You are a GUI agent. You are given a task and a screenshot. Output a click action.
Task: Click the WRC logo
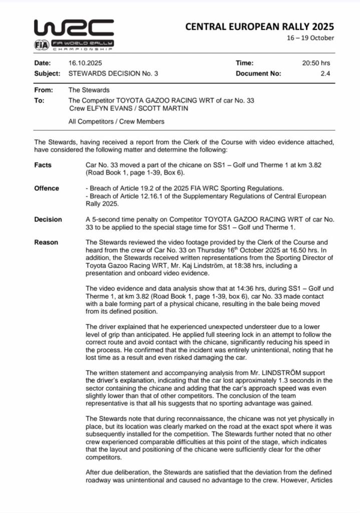(x=73, y=29)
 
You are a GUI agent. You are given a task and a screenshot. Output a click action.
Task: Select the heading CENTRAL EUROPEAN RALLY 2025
(x=259, y=27)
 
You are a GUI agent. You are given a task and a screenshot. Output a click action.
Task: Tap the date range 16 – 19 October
(x=310, y=38)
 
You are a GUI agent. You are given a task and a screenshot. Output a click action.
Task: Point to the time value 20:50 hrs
(x=316, y=63)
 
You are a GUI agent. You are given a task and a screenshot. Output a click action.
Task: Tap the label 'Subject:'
(x=47, y=73)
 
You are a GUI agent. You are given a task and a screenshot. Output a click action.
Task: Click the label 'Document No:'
(x=258, y=73)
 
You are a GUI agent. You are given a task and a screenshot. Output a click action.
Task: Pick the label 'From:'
(x=44, y=90)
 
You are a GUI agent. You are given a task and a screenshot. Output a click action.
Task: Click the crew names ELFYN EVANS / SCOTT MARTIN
(x=128, y=108)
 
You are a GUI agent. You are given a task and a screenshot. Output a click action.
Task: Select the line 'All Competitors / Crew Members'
(x=116, y=121)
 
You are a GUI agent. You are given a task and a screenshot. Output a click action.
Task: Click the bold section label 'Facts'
(x=43, y=165)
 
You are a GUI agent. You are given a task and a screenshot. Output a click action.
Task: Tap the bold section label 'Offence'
(x=47, y=188)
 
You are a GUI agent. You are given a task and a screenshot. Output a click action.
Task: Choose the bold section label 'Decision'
(x=48, y=219)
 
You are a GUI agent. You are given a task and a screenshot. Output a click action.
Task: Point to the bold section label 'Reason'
(x=46, y=242)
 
